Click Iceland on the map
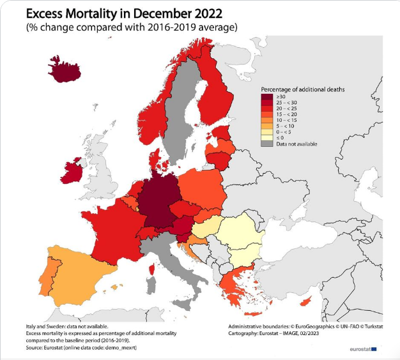[66, 72]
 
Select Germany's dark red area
[158, 200]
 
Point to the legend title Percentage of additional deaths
[303, 89]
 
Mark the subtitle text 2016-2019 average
[195, 27]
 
